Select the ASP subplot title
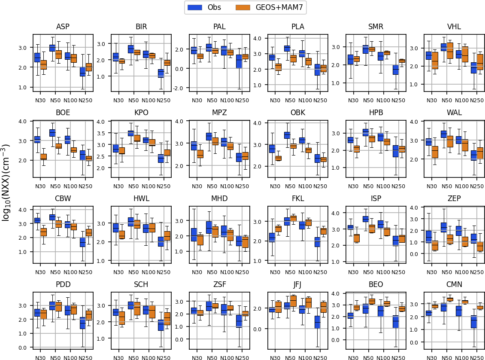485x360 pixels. coord(63,27)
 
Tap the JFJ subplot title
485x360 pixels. coord(297,284)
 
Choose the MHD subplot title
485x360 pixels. coord(219,198)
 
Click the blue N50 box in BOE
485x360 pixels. coord(52,133)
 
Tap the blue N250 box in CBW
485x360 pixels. coord(82,243)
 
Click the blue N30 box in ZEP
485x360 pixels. coord(429,237)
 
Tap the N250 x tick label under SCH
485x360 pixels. coord(164,357)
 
